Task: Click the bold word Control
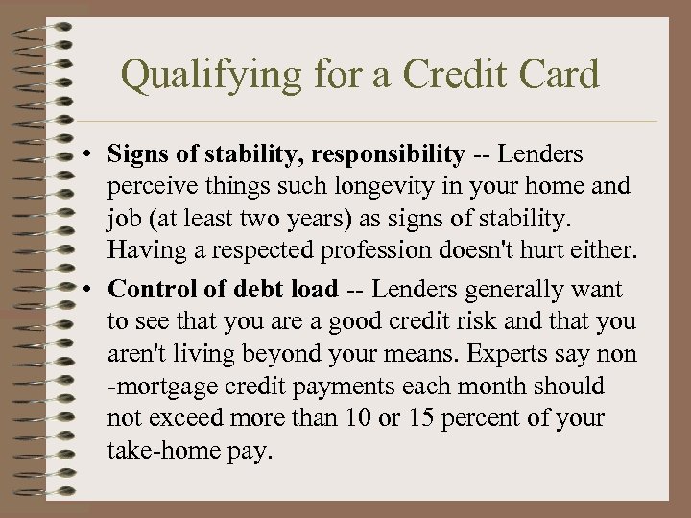click(x=150, y=289)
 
